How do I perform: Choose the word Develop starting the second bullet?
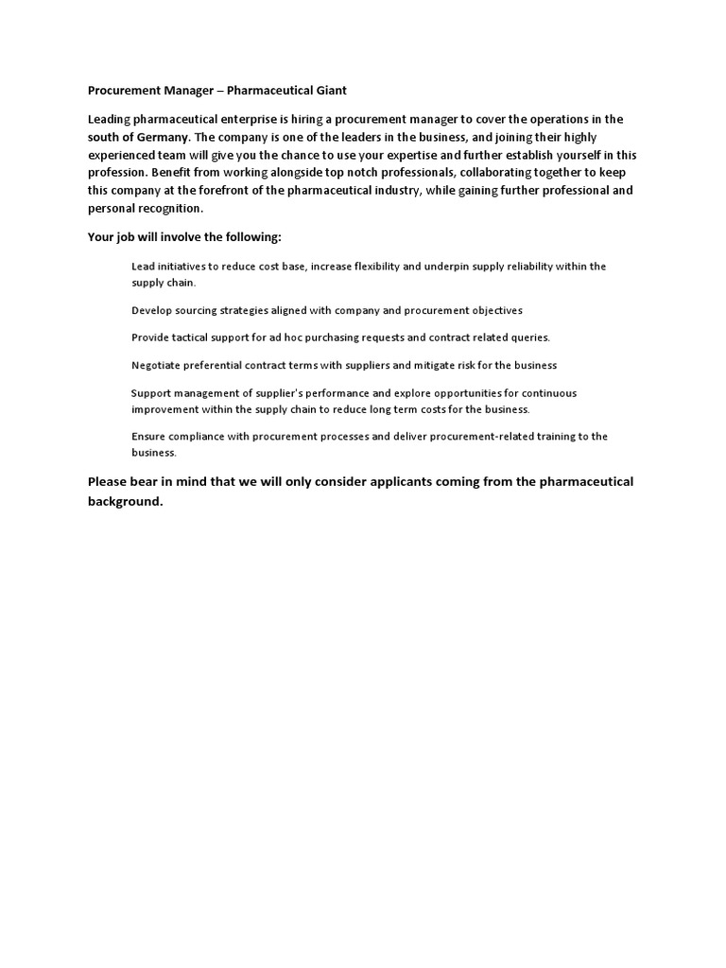(x=151, y=310)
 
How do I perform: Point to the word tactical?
(x=196, y=337)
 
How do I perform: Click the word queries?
(x=530, y=337)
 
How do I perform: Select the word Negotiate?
(x=157, y=365)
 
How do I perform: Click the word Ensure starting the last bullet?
(x=147, y=437)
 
